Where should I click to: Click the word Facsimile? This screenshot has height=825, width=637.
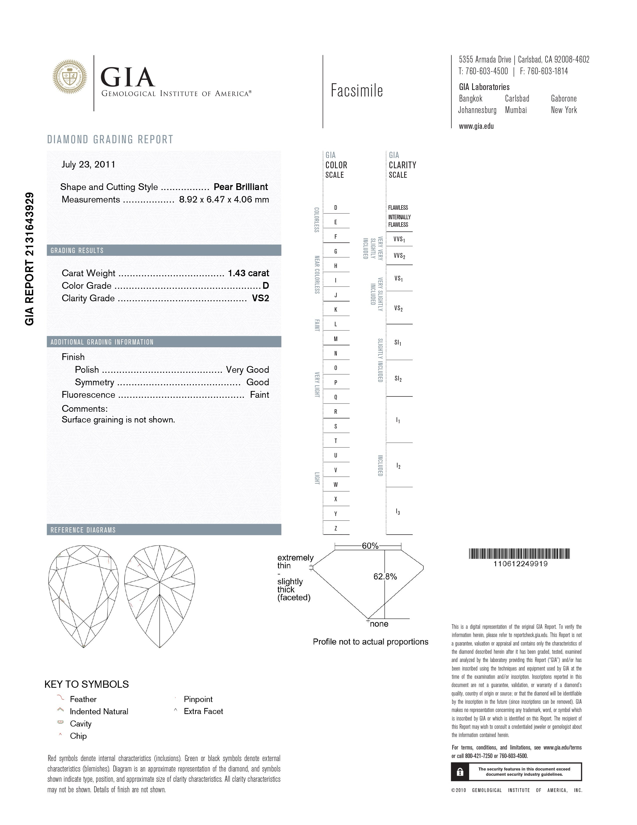(357, 91)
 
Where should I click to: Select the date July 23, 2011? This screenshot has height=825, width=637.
(88, 164)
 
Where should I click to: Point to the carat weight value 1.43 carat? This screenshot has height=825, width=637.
(248, 273)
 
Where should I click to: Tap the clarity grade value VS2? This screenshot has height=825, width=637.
(260, 298)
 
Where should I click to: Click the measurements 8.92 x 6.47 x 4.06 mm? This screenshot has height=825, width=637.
(224, 199)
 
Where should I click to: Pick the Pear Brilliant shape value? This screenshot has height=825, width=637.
(241, 186)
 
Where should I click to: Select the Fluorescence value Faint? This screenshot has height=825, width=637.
(259, 395)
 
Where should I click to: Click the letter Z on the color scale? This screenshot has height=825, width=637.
(336, 528)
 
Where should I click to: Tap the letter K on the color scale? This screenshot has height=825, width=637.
(336, 309)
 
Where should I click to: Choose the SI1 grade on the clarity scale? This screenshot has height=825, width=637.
(398, 342)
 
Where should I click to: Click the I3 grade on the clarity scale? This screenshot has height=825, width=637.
(398, 511)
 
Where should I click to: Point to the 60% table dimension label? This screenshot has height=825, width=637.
(370, 546)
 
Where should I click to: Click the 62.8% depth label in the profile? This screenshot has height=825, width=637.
(385, 576)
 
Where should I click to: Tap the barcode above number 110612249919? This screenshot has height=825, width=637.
(519, 554)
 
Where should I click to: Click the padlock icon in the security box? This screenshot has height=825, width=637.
(460, 771)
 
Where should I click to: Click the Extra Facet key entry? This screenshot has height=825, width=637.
(203, 711)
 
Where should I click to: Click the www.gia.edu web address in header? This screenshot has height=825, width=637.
(476, 126)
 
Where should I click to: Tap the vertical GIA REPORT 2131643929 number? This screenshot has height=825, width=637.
(29, 259)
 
